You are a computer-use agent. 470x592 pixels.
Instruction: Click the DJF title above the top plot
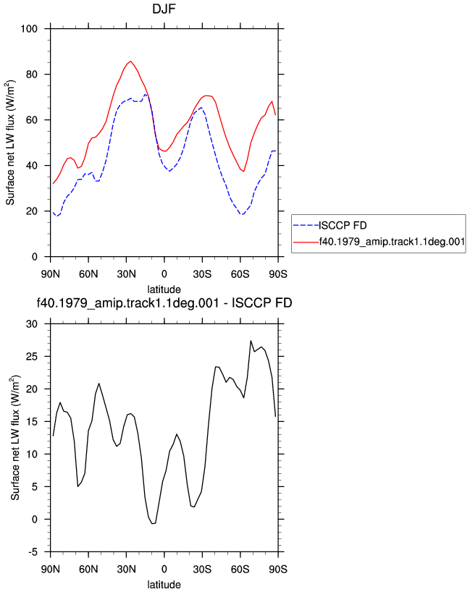[x=164, y=8]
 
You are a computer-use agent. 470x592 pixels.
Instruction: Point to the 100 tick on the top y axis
[x=29, y=29]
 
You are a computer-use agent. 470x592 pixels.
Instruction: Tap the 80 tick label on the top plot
[x=32, y=75]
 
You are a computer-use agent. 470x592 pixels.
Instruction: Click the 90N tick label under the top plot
[x=50, y=274]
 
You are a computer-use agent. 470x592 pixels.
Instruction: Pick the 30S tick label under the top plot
[x=202, y=274]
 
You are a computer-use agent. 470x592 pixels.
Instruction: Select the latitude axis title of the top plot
[x=164, y=289]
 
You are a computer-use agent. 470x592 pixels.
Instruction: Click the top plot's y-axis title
[x=11, y=143]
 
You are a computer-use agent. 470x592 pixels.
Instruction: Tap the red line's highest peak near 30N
[x=131, y=62]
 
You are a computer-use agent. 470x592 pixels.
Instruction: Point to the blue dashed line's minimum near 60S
[x=242, y=214]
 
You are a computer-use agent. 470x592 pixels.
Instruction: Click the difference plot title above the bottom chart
[x=164, y=303]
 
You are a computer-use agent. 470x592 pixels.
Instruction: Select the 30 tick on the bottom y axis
[x=32, y=324]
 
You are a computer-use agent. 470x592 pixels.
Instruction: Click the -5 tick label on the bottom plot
[x=33, y=552]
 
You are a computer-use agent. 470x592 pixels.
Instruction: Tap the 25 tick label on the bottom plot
[x=32, y=356]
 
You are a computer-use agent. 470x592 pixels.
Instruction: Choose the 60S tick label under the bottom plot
[x=240, y=570]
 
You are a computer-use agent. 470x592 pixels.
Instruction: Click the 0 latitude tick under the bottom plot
[x=164, y=570]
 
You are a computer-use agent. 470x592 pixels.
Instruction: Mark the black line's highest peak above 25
[x=251, y=341]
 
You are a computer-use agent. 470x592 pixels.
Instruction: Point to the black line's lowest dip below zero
[x=153, y=523]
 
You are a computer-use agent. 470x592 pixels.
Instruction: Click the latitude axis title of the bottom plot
[x=164, y=585]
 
